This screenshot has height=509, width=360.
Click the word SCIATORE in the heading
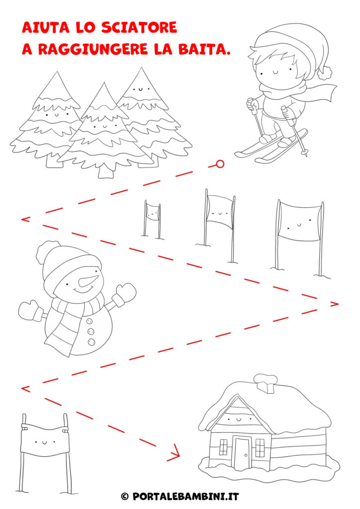139,28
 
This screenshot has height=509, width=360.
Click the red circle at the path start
220,164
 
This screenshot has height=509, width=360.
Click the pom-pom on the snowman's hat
48,251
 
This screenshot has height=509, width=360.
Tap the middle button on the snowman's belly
91,332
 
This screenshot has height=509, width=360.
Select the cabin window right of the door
261,448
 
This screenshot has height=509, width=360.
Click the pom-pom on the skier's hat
324,73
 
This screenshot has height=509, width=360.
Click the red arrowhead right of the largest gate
334,304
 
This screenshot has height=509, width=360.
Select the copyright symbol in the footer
125,497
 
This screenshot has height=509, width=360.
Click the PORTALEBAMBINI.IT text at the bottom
185,497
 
